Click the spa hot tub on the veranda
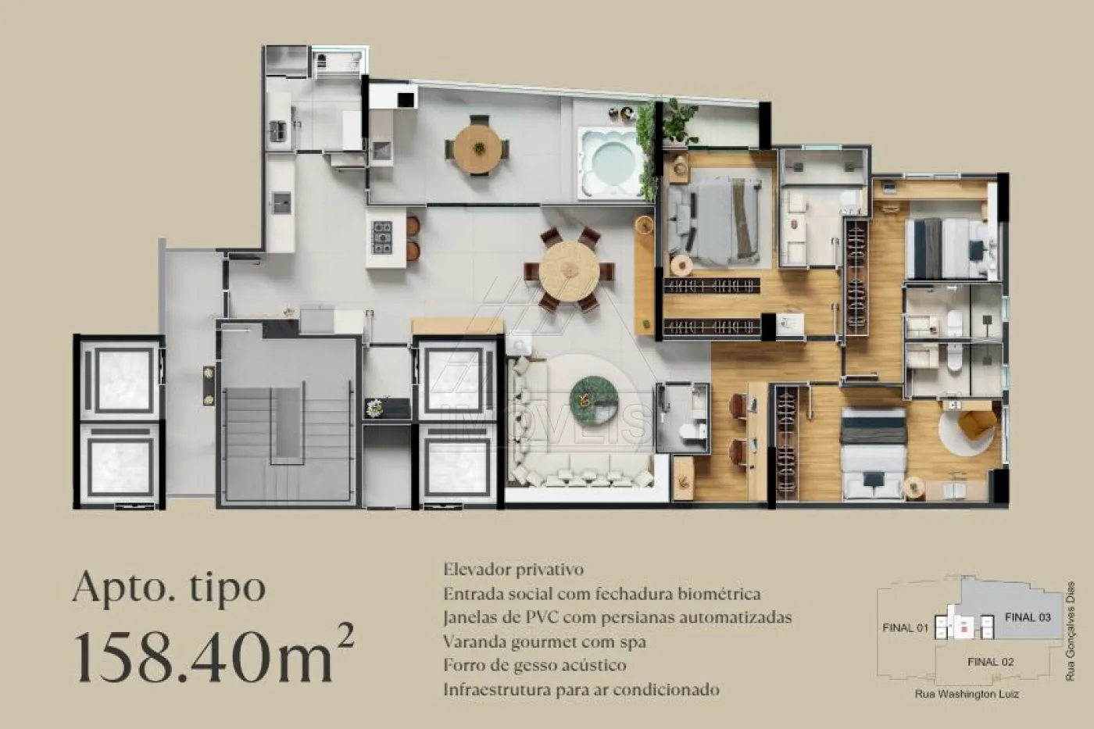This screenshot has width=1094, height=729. pos(610,163)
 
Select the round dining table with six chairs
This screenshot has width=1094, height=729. pos(570,270)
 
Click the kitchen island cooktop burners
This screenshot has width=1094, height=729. pos(382,238)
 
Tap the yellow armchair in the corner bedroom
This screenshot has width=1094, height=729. pos(977,423)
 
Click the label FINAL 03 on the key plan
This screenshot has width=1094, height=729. pos(1028,617)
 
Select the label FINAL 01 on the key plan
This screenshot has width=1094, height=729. pos(905,627)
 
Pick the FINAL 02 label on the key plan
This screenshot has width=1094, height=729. pos(991,662)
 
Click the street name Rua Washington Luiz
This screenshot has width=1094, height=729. pos(967,694)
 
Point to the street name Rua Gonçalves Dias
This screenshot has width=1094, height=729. pos(1070,631)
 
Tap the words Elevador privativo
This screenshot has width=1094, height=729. pos(513,570)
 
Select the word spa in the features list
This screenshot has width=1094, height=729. pos(631,642)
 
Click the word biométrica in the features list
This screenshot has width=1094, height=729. pos(719,594)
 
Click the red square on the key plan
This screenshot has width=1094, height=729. pos(964,630)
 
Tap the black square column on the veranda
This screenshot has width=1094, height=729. pos(406,100)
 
